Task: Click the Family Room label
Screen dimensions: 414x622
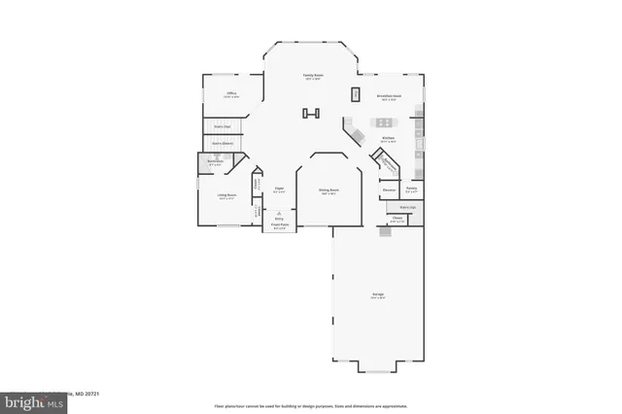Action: pyautogui.click(x=312, y=76)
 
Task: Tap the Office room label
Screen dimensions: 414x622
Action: pyautogui.click(x=230, y=94)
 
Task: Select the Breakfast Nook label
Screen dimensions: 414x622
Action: pyautogui.click(x=391, y=97)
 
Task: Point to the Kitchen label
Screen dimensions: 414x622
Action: pyautogui.click(x=388, y=139)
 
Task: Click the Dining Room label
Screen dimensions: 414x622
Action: pyautogui.click(x=328, y=191)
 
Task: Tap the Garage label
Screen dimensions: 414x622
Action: pyautogui.click(x=378, y=295)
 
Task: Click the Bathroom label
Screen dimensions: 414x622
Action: pyautogui.click(x=216, y=162)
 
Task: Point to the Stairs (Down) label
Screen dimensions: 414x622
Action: pyautogui.click(x=223, y=144)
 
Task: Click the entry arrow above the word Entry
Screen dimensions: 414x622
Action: pyautogui.click(x=279, y=212)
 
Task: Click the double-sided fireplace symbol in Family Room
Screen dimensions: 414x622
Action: pyautogui.click(x=311, y=115)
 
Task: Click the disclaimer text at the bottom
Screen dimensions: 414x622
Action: pyautogui.click(x=311, y=405)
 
